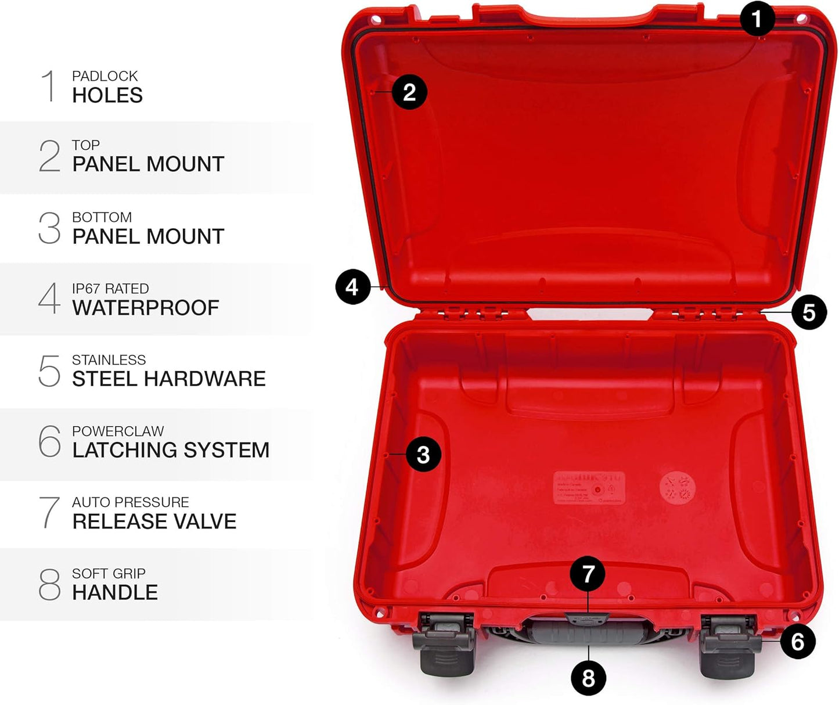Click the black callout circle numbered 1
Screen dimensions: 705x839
tap(757, 19)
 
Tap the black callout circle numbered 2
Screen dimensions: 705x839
tap(409, 92)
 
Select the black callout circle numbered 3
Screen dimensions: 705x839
tap(423, 454)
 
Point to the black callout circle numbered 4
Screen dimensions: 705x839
tap(353, 287)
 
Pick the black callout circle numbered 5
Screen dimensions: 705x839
tap(809, 312)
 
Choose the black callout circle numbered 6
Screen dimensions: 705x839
tap(798, 642)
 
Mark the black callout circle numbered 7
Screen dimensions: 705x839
tap(588, 574)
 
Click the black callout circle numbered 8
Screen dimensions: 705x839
tap(588, 678)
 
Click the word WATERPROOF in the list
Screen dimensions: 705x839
tap(146, 308)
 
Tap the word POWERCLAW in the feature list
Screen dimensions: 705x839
tap(118, 431)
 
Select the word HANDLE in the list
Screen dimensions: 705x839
tap(115, 592)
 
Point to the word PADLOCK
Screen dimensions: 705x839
tap(105, 76)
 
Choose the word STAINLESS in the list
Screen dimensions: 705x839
tap(109, 360)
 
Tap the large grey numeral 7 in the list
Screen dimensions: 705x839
tap(49, 512)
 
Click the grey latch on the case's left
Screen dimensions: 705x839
tap(444, 645)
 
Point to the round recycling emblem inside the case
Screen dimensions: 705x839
tap(677, 487)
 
